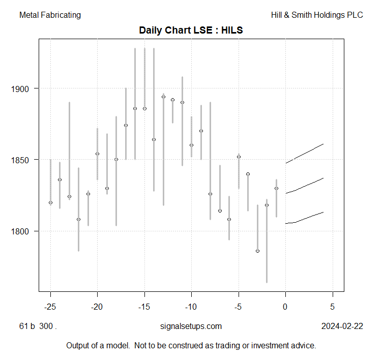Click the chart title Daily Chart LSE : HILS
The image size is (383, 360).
click(191, 31)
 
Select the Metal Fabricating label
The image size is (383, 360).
click(50, 15)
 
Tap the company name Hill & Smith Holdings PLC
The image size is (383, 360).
click(317, 15)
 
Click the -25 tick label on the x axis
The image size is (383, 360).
click(50, 307)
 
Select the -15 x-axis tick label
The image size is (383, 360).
click(144, 307)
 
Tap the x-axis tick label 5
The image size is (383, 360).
click(333, 307)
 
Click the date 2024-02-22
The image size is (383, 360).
click(342, 326)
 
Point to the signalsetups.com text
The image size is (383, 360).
click(191, 326)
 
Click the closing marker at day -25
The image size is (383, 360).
click(50, 202)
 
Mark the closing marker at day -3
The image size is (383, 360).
click(257, 251)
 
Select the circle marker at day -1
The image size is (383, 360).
click(276, 188)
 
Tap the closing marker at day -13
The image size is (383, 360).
click(163, 97)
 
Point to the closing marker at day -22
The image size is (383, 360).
click(78, 219)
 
